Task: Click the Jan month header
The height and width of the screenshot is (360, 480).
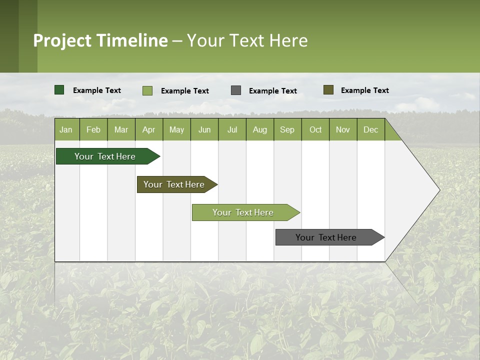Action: [66, 130]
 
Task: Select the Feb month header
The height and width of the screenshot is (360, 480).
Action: [93, 130]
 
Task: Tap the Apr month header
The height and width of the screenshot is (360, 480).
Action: [148, 130]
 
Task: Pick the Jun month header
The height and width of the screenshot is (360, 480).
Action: [204, 130]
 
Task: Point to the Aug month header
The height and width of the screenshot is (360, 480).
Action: [259, 130]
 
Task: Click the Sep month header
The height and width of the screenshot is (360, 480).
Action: [287, 130]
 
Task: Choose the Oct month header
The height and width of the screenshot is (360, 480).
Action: [315, 130]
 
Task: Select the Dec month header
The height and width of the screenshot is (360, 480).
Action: [370, 130]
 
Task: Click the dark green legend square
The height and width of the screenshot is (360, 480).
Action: [59, 90]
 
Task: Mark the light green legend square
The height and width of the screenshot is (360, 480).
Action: [147, 90]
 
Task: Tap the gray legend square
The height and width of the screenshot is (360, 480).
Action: [236, 90]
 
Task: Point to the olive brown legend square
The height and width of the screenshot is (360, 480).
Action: [328, 90]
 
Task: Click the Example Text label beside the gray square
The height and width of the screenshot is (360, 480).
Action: [272, 91]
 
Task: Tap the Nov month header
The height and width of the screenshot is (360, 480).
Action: [343, 130]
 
